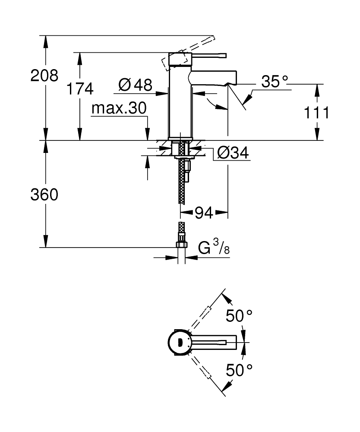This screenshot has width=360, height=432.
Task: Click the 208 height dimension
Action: (x=44, y=76)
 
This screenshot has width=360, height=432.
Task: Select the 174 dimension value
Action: (x=80, y=89)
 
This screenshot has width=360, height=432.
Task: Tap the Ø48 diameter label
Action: (x=135, y=85)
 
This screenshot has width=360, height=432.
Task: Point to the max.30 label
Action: (x=119, y=108)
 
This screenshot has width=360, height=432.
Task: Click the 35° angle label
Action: (x=274, y=82)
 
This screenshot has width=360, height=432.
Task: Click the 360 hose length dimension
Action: (x=44, y=195)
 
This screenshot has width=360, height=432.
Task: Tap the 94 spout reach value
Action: (x=204, y=213)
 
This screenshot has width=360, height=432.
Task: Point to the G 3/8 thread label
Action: (x=215, y=248)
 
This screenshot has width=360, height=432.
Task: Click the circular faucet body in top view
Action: (x=177, y=343)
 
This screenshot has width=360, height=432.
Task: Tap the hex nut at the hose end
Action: (x=182, y=245)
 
